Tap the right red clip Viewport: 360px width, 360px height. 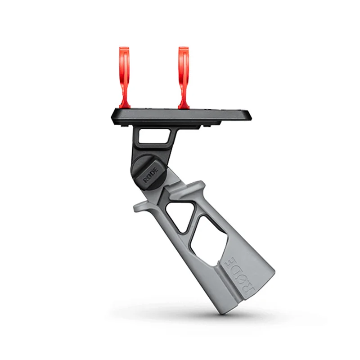click(184, 78)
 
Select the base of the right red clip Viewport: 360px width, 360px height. click(184, 105)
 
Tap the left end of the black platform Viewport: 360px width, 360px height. click(112, 117)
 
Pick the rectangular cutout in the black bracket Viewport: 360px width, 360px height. click(154, 136)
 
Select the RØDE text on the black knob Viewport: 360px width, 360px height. click(151, 174)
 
